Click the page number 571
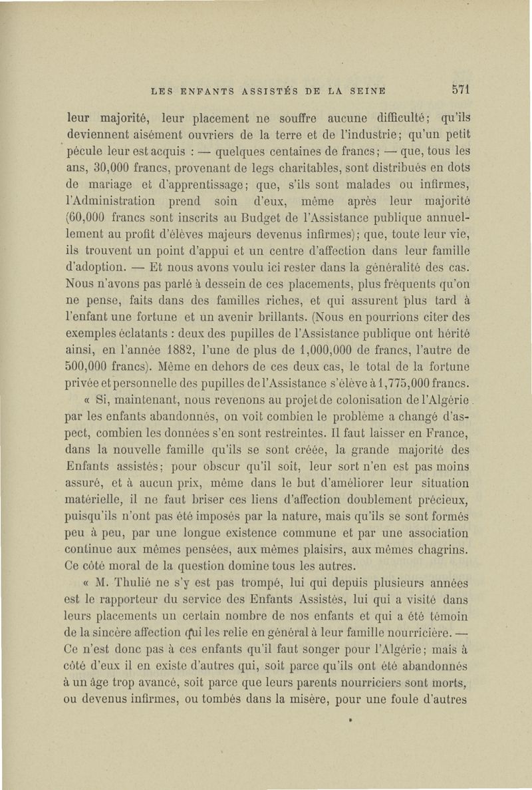(x=460, y=89)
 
